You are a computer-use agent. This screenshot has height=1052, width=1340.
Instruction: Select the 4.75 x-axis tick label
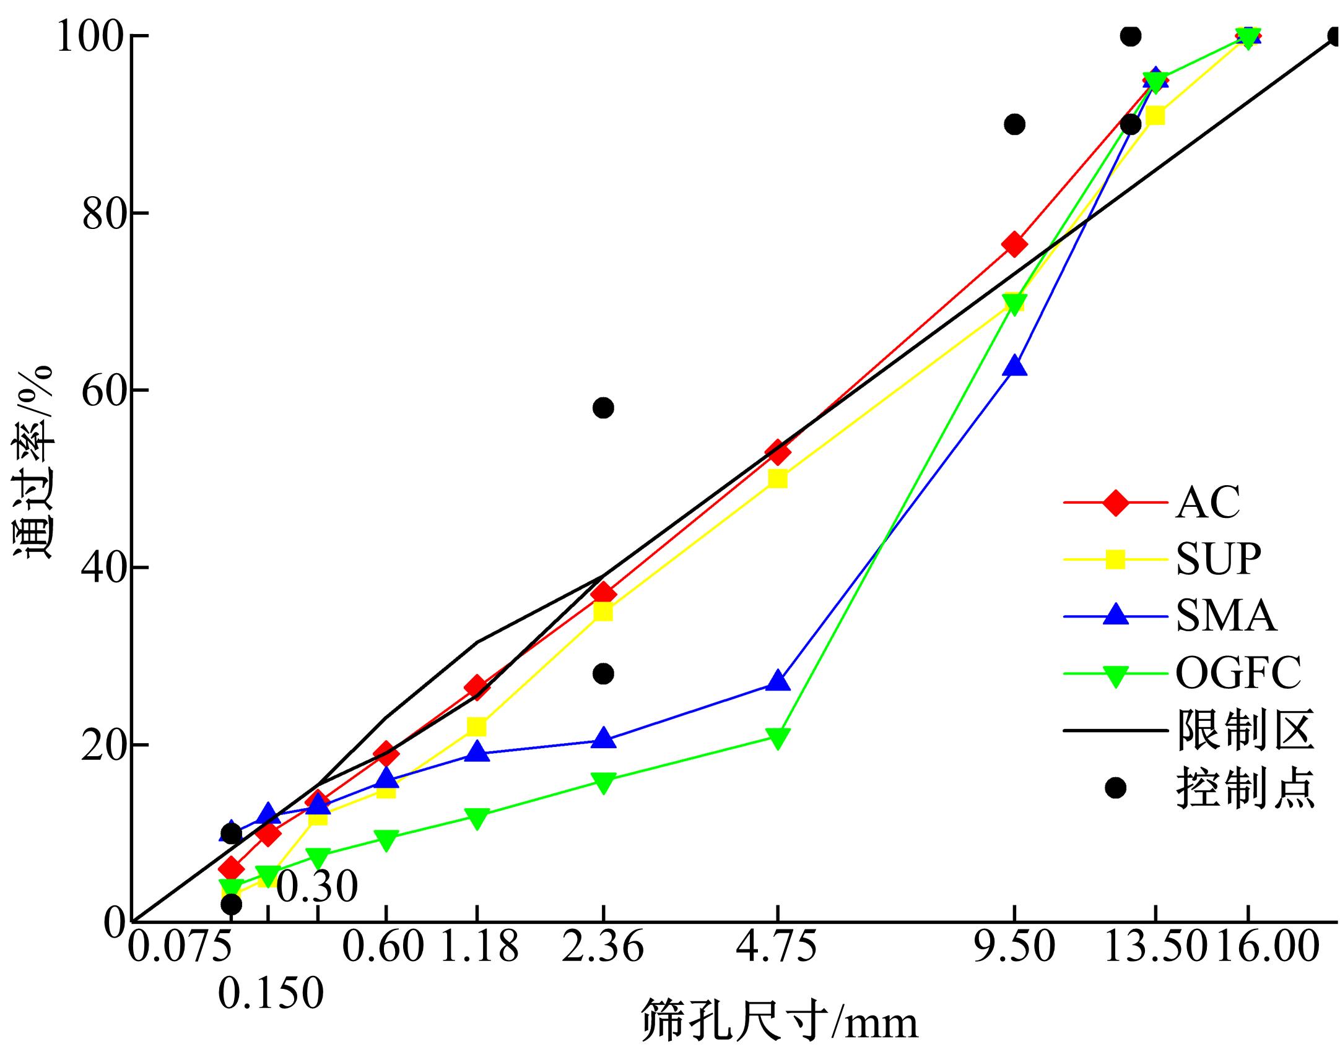[x=778, y=947]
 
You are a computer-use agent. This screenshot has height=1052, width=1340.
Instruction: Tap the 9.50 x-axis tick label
[x=1014, y=947]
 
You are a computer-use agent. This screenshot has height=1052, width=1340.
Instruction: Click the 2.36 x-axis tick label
[x=603, y=947]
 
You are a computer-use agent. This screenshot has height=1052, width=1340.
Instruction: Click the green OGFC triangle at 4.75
[x=778, y=738]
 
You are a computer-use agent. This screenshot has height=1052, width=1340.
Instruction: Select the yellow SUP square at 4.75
[x=778, y=479]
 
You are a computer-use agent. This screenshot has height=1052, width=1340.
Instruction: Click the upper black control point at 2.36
[x=603, y=408]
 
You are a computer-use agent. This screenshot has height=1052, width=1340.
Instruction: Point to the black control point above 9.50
[x=1014, y=124]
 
